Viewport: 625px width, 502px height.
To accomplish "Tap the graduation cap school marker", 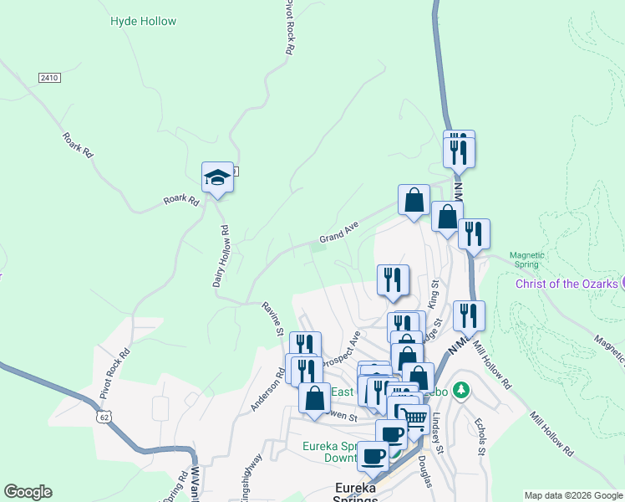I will coord(217,177).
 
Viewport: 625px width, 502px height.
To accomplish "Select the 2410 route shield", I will coord(49,78).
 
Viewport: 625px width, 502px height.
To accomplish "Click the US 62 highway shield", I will coord(104,416).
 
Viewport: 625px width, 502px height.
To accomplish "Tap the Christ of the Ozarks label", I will coord(566,284).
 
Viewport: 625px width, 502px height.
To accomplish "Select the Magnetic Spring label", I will coord(527,259).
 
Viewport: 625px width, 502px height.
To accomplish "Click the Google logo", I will coord(28,492).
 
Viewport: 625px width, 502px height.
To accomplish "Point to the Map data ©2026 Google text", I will coord(572,495).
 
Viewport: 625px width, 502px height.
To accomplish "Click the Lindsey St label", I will coord(437,432).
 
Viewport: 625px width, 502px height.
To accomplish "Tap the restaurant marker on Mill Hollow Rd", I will coord(469,316).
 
